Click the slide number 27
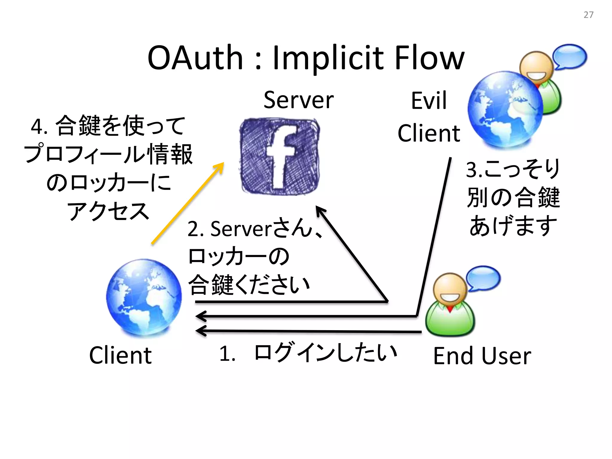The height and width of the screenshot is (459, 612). tap(588, 15)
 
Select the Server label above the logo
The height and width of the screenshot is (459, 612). tap(299, 100)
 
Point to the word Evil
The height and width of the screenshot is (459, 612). tap(429, 101)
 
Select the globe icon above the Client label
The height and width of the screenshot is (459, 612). tap(144, 297)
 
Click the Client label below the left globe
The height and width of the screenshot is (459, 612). tap(120, 356)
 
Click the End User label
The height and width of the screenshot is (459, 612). tap(482, 356)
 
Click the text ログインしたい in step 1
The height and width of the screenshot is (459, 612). tap(325, 353)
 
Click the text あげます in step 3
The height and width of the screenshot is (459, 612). tap(513, 226)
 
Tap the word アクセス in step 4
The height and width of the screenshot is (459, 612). tap(108, 211)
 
